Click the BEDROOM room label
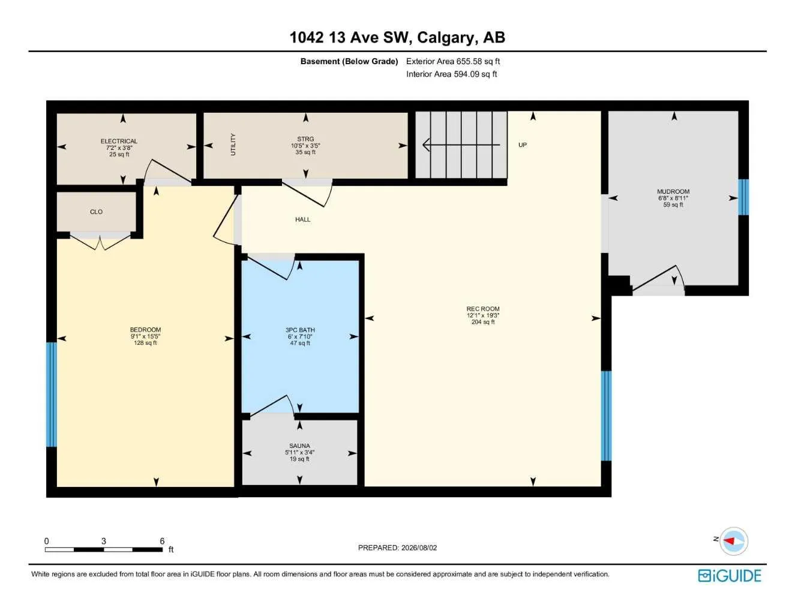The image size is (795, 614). tap(145, 329)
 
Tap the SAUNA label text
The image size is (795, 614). tap(299, 446)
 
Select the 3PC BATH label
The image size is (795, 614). tap(300, 330)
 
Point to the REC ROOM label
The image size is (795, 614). tap(483, 309)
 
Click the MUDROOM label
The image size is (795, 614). tap(673, 191)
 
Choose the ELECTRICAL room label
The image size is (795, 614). tap(119, 141)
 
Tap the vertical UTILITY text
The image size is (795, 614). tap(233, 145)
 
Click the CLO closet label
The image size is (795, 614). tap(96, 212)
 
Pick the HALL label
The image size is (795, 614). tap(302, 219)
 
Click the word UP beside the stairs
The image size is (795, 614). tap(523, 145)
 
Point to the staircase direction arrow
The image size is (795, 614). tap(461, 145)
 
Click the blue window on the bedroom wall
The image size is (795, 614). tap(52, 395)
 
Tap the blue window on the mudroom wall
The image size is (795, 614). tap(743, 197)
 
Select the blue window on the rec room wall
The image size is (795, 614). tap(606, 416)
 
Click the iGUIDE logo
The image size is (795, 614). tap(730, 576)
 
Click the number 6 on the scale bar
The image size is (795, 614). tap(162, 541)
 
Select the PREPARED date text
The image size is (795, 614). tap(397, 547)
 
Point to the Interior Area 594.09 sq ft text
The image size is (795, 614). tap(451, 74)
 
